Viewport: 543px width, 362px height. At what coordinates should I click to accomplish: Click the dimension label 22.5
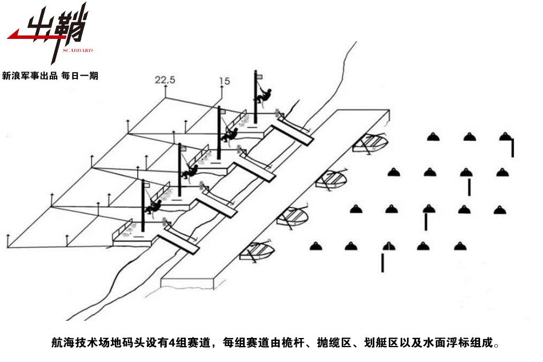(165, 81)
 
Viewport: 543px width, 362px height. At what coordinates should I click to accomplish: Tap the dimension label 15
(224, 82)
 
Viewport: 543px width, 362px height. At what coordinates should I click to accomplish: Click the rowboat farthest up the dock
(370, 142)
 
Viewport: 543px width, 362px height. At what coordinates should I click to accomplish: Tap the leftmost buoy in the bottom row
(316, 246)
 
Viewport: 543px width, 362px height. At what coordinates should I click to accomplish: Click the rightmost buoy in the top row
(504, 137)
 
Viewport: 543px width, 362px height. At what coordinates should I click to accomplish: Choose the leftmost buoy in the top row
(433, 137)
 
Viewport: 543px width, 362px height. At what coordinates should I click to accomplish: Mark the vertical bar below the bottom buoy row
(382, 262)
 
